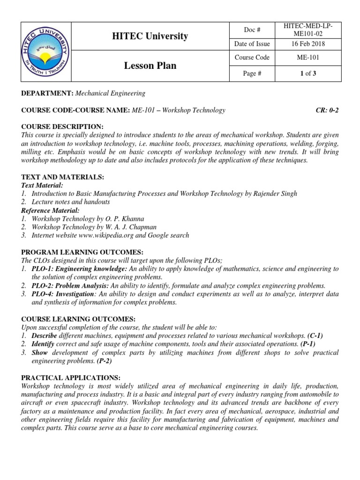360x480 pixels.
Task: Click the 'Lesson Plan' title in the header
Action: (x=150, y=66)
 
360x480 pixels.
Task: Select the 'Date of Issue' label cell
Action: (x=252, y=44)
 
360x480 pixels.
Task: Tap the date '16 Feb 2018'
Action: (x=307, y=44)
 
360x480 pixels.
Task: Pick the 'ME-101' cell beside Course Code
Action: (x=307, y=58)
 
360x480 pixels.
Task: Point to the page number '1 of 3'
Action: (x=307, y=73)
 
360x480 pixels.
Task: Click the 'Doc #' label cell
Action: (x=252, y=30)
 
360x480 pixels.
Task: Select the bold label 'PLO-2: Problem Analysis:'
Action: (x=70, y=285)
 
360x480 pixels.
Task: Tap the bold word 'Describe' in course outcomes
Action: (x=44, y=336)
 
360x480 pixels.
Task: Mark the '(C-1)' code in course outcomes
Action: (x=315, y=336)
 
